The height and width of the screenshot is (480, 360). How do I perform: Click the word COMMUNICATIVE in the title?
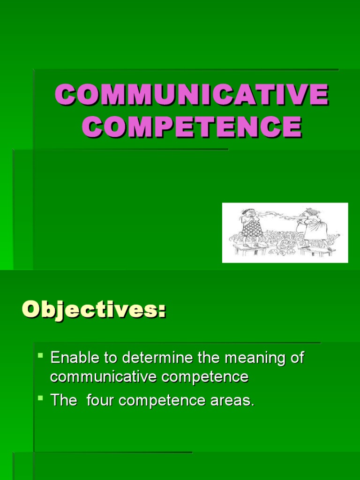pyautogui.click(x=191, y=95)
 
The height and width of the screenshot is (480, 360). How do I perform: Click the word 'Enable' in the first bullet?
pyautogui.click(x=75, y=358)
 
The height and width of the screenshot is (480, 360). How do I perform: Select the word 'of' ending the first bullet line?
pyautogui.click(x=296, y=358)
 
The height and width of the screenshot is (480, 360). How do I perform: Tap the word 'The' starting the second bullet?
pyautogui.click(x=63, y=401)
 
